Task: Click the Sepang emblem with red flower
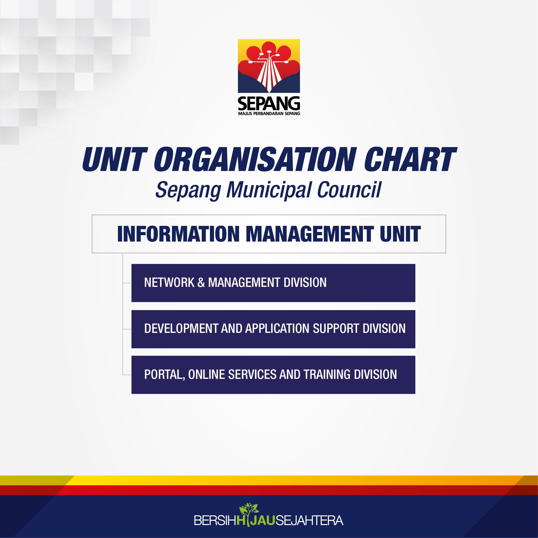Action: click(269, 66)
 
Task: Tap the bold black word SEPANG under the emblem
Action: click(269, 103)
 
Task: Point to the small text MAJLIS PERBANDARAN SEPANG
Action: click(269, 113)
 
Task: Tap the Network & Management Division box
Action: click(273, 283)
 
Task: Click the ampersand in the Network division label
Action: click(201, 283)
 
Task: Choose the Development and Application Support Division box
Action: click(273, 329)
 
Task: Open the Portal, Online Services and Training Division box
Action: click(273, 375)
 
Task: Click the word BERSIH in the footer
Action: click(215, 520)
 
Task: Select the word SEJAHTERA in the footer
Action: click(309, 520)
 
